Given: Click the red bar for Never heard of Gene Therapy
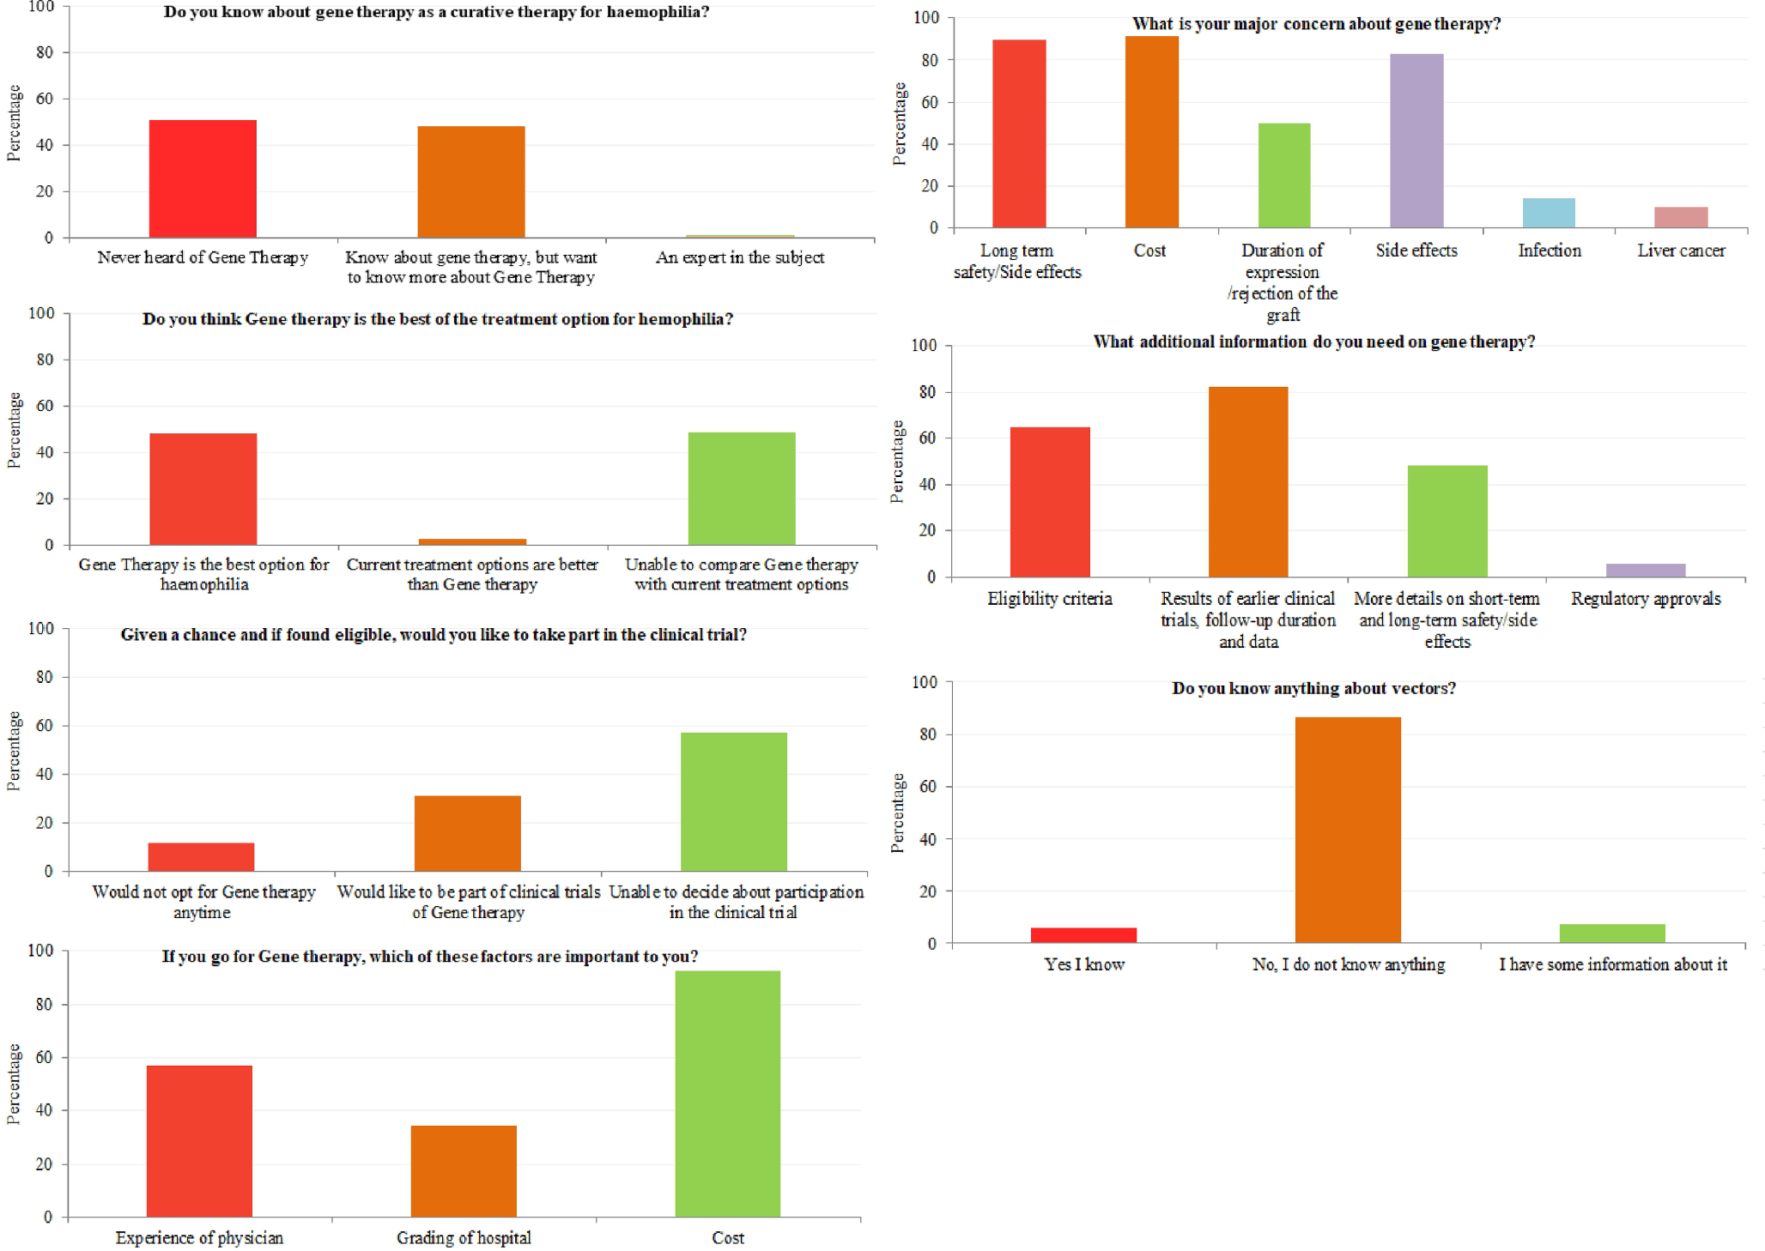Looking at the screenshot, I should pyautogui.click(x=203, y=178).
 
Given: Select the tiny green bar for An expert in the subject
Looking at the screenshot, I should pyautogui.click(x=740, y=235).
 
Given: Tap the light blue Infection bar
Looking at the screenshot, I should pyautogui.click(x=1549, y=213).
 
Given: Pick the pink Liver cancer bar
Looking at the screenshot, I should pyautogui.click(x=1681, y=217).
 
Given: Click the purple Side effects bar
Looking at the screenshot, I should pyautogui.click(x=1416, y=141).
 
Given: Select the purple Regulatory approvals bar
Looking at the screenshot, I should pyautogui.click(x=1646, y=570).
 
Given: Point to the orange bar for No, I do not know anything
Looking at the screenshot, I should pyautogui.click(x=1348, y=830).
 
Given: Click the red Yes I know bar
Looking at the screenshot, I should pyautogui.click(x=1083, y=935).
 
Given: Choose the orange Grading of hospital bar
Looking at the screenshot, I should pyautogui.click(x=464, y=1170).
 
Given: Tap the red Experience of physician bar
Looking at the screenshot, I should pyautogui.click(x=199, y=1140).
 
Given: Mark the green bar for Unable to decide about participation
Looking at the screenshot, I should pyautogui.click(x=733, y=801).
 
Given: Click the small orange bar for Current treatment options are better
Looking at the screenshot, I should pyautogui.click(x=472, y=541).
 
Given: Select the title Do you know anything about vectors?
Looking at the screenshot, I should pyautogui.click(x=1313, y=688).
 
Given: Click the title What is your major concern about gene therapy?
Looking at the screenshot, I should pyautogui.click(x=1316, y=24).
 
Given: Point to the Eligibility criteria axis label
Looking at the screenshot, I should pyautogui.click(x=1049, y=599).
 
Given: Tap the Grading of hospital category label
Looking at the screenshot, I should pyautogui.click(x=464, y=1237).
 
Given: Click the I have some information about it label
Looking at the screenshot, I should pyautogui.click(x=1613, y=964).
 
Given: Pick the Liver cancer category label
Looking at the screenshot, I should pyautogui.click(x=1681, y=251).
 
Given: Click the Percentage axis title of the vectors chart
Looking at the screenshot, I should pyautogui.click(x=898, y=813).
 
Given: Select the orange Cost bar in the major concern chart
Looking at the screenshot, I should pyautogui.click(x=1152, y=132).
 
